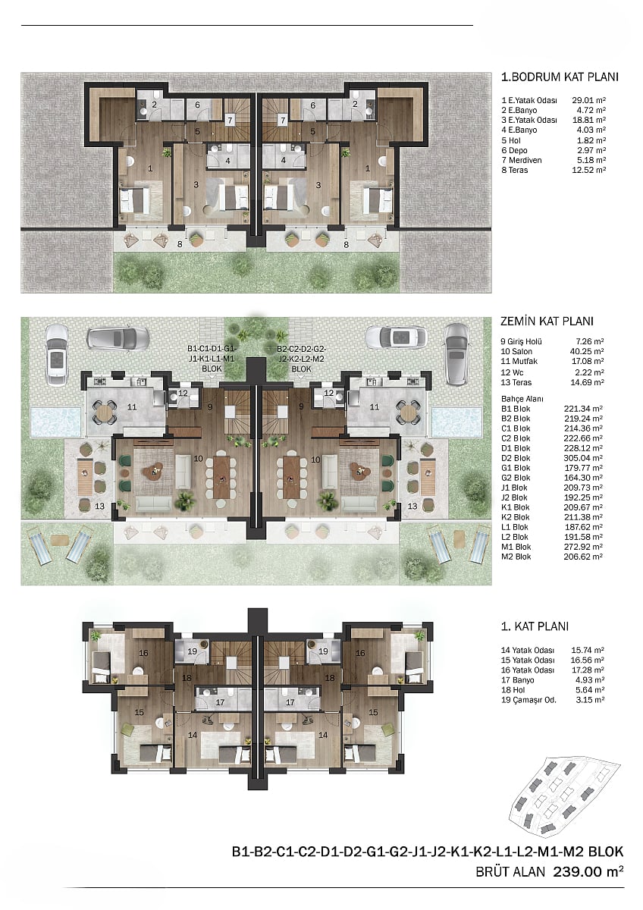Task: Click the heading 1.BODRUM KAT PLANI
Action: point(560,77)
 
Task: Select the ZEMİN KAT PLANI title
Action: point(547,322)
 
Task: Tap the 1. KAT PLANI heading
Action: point(535,626)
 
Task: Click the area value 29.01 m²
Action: point(588,100)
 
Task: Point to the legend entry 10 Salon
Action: point(516,351)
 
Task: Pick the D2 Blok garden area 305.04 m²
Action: point(583,458)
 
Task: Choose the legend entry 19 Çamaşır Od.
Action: point(529,700)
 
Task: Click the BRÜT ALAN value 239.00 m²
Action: point(588,871)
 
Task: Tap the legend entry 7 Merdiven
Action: point(522,160)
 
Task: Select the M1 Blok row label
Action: point(516,547)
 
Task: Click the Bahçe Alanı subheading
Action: point(522,399)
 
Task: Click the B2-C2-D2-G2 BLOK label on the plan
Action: point(301,359)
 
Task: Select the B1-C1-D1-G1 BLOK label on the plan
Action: point(212,359)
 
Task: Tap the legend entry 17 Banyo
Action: point(517,680)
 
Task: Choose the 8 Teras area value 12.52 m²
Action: point(588,170)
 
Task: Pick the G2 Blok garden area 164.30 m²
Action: point(583,478)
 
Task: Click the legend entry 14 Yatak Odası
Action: point(527,651)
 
